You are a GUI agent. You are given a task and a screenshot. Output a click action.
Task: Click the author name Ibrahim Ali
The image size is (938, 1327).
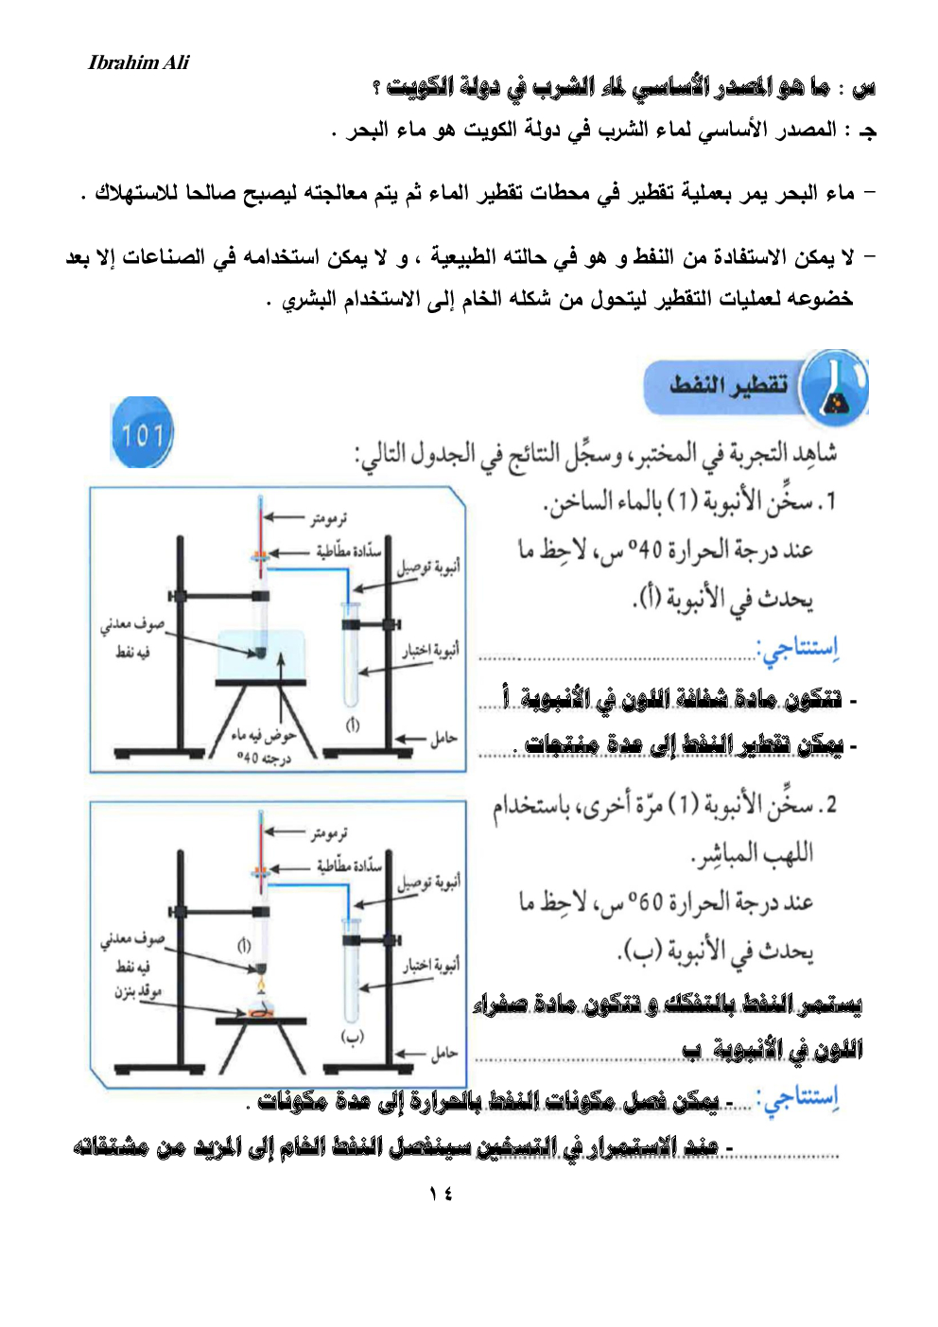[x=138, y=62]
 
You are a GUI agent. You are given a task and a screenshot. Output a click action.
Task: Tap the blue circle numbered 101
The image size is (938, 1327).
[x=142, y=433]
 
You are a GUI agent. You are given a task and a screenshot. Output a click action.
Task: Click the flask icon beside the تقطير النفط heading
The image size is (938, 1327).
[x=834, y=389]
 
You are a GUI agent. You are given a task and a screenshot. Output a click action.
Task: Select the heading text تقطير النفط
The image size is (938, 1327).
[x=728, y=385]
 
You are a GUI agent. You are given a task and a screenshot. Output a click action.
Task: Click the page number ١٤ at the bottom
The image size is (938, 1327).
[x=441, y=1194]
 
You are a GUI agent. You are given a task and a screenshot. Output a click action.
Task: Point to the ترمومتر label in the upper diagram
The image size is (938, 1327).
[x=328, y=517]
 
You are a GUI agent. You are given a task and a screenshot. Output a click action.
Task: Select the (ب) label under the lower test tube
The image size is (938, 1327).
[x=352, y=1037]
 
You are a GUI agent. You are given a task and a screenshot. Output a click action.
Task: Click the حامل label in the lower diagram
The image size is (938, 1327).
[x=443, y=1053]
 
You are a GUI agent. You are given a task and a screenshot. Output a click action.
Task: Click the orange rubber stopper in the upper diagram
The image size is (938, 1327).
[x=260, y=557]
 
